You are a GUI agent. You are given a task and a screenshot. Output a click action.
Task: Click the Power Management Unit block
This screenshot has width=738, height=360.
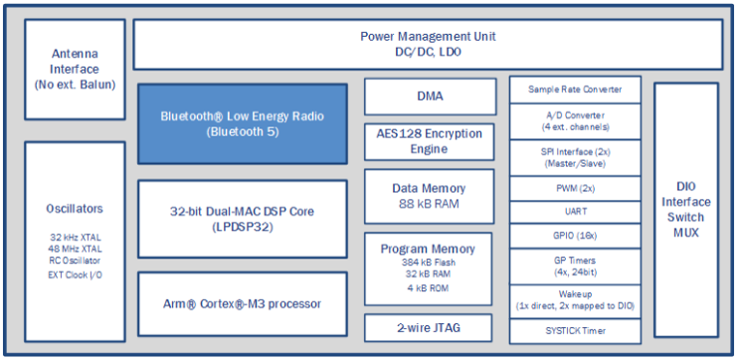428,44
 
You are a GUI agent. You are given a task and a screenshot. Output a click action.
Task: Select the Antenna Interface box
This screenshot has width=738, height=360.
76,70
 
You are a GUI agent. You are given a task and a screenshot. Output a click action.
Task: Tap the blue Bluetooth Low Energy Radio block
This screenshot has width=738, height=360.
243,123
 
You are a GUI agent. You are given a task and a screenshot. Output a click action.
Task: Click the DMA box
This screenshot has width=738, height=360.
430,96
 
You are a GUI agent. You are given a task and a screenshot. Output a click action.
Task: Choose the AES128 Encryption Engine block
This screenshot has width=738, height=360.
430,141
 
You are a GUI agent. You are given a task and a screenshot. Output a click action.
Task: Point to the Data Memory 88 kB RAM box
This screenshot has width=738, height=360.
430,196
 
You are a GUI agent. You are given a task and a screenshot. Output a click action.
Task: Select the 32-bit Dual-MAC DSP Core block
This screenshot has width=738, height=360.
243,217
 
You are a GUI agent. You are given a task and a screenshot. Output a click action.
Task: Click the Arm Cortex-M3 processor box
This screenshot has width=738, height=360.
243,303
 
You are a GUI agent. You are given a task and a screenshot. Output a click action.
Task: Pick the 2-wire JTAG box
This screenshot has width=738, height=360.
430,326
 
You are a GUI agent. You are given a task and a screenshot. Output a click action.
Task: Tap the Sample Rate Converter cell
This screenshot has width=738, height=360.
575,90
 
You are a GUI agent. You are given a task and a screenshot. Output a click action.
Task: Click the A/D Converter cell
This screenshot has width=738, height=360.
575,122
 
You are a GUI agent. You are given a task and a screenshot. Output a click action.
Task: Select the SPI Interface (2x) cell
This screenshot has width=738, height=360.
575,156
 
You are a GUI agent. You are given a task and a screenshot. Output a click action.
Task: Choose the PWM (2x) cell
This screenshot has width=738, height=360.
575,188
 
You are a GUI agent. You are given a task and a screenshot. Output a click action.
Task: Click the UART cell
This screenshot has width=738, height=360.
575,211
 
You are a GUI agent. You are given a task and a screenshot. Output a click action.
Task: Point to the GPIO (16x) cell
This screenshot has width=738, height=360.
575,235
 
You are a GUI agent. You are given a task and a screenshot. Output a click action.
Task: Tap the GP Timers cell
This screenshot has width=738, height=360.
575,266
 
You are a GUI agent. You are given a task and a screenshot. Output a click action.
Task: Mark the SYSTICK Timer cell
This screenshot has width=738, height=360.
575,329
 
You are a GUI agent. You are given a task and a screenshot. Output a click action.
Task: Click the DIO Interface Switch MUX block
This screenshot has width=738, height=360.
686,209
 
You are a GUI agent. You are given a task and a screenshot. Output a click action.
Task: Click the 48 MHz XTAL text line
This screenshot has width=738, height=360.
75,249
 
